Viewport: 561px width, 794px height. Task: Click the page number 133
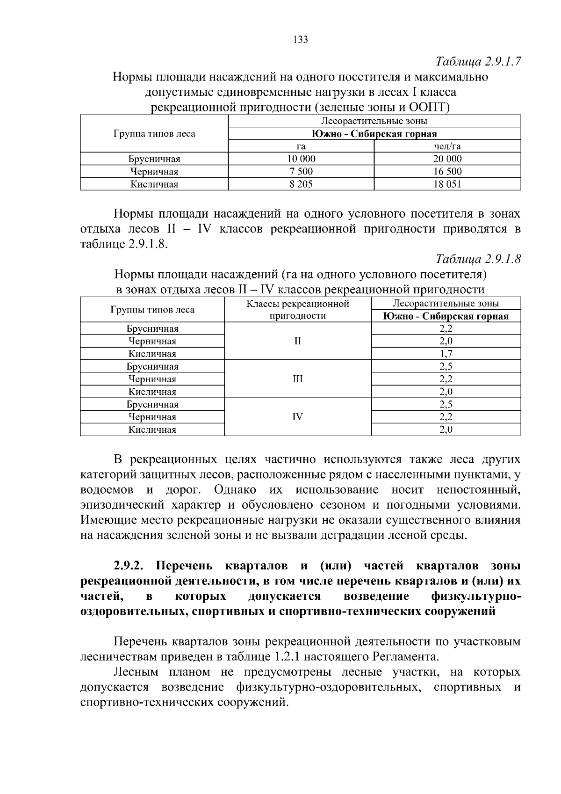(x=301, y=40)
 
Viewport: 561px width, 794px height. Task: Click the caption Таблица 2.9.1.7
(x=478, y=62)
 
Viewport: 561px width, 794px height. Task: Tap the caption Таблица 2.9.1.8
(x=478, y=259)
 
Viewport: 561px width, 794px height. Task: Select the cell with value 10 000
(x=301, y=159)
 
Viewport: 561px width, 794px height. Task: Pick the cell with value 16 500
(x=447, y=172)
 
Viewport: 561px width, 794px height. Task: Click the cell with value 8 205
(x=301, y=184)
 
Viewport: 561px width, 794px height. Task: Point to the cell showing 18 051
(x=447, y=184)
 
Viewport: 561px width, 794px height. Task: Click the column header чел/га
(x=447, y=146)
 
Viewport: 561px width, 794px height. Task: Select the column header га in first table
(x=301, y=146)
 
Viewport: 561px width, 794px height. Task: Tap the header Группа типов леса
(x=154, y=134)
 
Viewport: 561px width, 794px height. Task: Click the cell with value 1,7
(x=446, y=354)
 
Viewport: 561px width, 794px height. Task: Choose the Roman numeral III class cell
(x=298, y=379)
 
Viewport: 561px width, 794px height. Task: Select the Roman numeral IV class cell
(x=298, y=417)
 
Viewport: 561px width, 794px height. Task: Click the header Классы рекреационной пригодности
(x=298, y=310)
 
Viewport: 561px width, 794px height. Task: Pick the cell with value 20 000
(x=447, y=159)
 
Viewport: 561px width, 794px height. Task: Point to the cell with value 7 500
(x=301, y=172)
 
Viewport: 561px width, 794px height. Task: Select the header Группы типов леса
(x=152, y=310)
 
